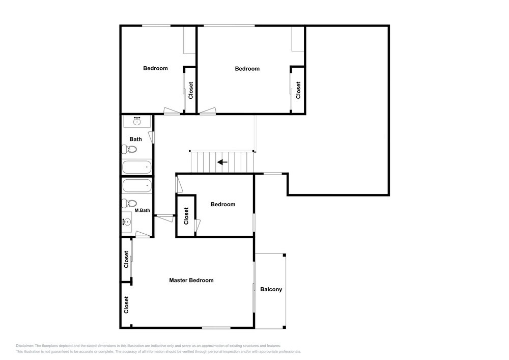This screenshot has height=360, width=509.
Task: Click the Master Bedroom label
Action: point(191,280)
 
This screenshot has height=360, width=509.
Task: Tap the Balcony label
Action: point(271,289)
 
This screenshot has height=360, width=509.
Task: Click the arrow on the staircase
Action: point(222,162)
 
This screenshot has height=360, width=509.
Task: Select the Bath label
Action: point(136,139)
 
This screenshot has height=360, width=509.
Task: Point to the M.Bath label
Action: point(142,210)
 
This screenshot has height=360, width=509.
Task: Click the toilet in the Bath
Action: point(129,149)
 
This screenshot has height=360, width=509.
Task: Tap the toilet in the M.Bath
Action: point(129,204)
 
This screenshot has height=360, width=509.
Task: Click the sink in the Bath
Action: point(137,121)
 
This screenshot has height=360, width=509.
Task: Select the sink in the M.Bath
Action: point(127,222)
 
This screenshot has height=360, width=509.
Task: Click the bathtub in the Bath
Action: point(136,167)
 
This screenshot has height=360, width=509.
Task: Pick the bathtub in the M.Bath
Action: point(136,186)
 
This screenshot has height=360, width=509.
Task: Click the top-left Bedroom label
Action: point(155,68)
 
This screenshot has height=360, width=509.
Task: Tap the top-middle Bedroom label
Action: point(247,69)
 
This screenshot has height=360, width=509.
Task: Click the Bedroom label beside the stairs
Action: point(223,204)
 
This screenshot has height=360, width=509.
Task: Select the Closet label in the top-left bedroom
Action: point(190,90)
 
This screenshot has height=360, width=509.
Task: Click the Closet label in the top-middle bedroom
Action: point(298,90)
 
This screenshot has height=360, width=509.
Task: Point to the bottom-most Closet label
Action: point(126,305)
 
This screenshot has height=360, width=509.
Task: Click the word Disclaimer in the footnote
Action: point(24,346)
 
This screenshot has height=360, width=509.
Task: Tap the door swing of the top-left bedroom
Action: point(172,110)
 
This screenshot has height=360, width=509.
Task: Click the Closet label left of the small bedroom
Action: point(186,216)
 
